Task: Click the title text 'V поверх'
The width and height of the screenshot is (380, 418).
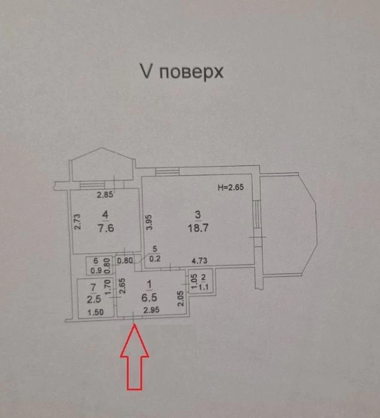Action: point(182,72)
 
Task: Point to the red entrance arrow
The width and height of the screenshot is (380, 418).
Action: point(135,357)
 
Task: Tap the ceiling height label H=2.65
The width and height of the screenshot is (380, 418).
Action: point(231,187)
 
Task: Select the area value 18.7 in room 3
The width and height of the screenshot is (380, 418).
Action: point(198,228)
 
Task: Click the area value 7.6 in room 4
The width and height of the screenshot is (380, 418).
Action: point(106,228)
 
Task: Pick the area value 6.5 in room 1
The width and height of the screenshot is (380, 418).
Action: point(149,297)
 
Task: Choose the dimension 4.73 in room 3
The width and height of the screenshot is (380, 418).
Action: point(199,260)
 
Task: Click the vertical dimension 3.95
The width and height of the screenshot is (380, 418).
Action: point(149,222)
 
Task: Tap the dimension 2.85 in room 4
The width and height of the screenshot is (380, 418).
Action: point(105,195)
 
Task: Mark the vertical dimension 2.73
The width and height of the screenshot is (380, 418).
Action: point(77,222)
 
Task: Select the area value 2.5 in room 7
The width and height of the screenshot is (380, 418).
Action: point(94,299)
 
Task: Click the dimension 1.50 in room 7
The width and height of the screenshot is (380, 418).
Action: point(96,312)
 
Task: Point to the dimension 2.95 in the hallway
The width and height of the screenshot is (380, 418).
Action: point(151,310)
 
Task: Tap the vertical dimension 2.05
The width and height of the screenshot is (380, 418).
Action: point(181,299)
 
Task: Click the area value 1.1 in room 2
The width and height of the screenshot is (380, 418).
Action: point(203,287)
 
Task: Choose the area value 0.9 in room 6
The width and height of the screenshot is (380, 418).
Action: point(96,271)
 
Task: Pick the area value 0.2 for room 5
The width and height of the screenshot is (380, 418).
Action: point(155,259)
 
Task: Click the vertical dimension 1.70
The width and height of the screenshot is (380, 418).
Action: point(108,287)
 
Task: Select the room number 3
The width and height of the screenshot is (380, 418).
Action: point(198,214)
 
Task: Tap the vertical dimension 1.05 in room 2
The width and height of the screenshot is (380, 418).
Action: point(194,281)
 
